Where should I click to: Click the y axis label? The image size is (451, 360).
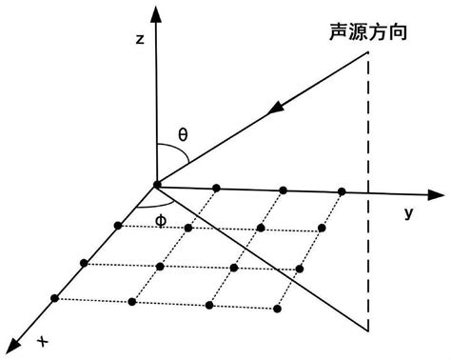(x=408, y=213)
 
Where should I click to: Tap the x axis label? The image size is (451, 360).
(x=43, y=340)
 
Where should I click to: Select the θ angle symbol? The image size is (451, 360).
(x=184, y=134)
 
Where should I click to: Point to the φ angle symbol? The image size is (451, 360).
(x=160, y=218)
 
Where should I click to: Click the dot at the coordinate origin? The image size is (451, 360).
(x=155, y=184)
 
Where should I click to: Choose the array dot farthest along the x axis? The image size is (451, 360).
(x=55, y=299)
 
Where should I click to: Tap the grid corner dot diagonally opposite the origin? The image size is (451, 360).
(x=276, y=307)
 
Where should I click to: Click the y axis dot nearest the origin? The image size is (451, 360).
(x=218, y=187)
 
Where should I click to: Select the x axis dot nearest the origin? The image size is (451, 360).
(x=118, y=225)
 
